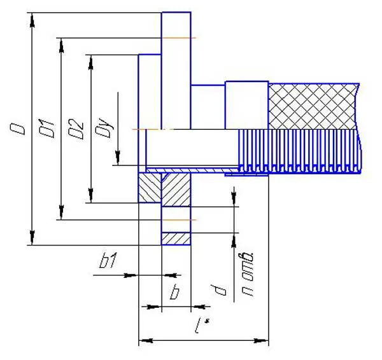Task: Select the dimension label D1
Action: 46,128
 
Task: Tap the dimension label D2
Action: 76,128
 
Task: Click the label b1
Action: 109,260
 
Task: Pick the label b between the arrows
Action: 174,292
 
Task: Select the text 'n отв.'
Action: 247,275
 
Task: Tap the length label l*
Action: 202,326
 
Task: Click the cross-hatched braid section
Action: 313,106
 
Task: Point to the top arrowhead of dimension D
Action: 32,20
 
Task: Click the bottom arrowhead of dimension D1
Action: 61,212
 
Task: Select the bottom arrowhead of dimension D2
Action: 90,195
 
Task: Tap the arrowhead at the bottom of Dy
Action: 118,158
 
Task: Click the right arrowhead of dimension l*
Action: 261,340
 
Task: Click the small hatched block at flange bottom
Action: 176,239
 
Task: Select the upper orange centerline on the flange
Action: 179,38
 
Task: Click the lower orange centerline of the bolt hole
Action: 179,220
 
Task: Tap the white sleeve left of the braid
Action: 246,105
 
